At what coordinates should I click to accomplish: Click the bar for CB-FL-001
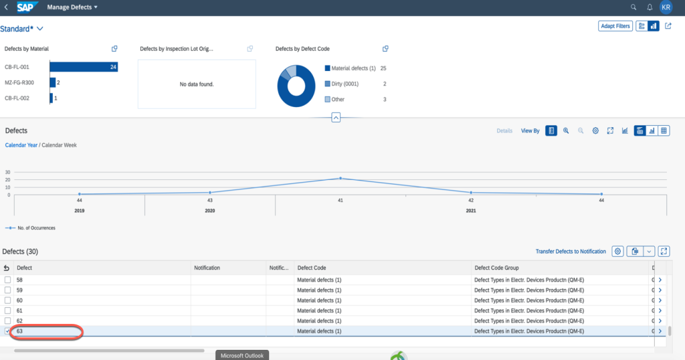[x=84, y=67]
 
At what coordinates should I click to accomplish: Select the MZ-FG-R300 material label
[x=19, y=82]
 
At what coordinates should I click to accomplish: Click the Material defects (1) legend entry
[x=353, y=68]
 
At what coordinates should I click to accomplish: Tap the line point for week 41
[x=340, y=178]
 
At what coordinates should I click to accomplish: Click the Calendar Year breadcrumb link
[x=21, y=145]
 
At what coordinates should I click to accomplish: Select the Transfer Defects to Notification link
[x=571, y=252]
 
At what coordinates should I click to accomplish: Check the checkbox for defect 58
[x=8, y=280]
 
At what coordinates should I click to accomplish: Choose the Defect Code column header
[x=312, y=268]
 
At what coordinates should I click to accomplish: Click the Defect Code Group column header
[x=498, y=268]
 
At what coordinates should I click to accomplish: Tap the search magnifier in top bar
[x=633, y=7]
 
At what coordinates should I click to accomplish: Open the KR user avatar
[x=666, y=7]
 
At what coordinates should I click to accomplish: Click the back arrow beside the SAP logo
[x=6, y=7]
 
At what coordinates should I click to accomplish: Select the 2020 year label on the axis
[x=210, y=210]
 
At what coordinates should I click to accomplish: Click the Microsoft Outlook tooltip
[x=243, y=355]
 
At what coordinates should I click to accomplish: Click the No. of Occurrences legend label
[x=36, y=228]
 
